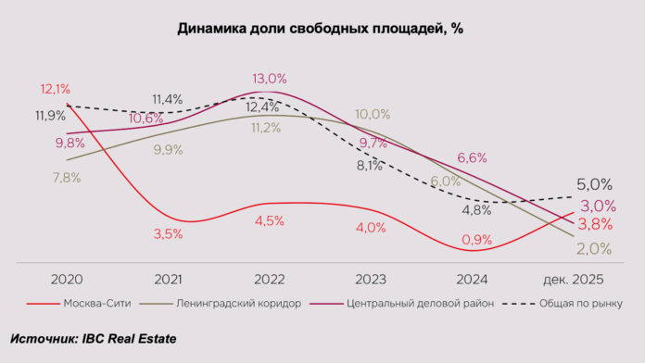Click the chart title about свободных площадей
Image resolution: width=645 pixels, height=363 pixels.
click(x=320, y=29)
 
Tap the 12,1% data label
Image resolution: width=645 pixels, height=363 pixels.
click(x=56, y=90)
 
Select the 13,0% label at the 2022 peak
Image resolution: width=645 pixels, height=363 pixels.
click(x=269, y=79)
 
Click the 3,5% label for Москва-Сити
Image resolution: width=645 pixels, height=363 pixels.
click(x=168, y=234)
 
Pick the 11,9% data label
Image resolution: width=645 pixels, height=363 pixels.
click(x=50, y=116)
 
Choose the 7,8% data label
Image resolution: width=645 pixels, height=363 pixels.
click(x=66, y=178)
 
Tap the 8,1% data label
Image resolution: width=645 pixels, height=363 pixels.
click(x=368, y=167)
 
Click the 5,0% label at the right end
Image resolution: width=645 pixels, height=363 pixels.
click(x=594, y=184)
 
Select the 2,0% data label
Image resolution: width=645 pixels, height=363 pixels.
click(x=594, y=248)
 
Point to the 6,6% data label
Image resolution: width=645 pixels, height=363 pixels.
click(x=472, y=158)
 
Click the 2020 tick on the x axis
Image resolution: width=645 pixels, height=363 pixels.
click(x=67, y=278)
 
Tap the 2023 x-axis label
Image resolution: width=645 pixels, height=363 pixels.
click(x=372, y=278)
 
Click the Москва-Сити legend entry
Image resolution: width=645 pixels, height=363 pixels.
click(x=88, y=303)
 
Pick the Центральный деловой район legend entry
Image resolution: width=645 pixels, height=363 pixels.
click(x=409, y=303)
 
